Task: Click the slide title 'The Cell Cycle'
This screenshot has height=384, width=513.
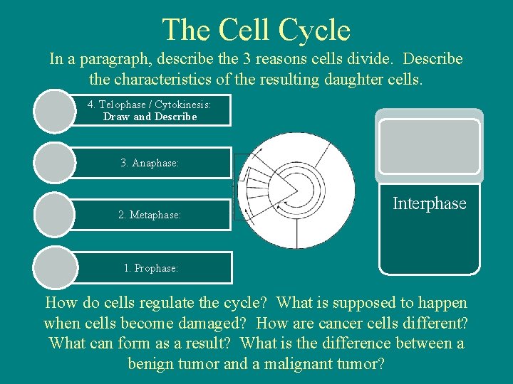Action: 256,30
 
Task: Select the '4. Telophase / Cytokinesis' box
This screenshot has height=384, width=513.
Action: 150,110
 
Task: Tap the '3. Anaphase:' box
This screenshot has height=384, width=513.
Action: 150,163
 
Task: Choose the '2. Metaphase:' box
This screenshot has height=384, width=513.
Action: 150,215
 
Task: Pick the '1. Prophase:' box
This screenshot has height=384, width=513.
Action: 150,268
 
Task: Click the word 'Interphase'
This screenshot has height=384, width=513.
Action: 429,203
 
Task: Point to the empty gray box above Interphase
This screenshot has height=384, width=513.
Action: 429,146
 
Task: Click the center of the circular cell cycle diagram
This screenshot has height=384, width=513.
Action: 296,190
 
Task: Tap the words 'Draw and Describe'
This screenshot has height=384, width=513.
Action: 150,117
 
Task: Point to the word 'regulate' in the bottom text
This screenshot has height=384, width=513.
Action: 170,303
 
